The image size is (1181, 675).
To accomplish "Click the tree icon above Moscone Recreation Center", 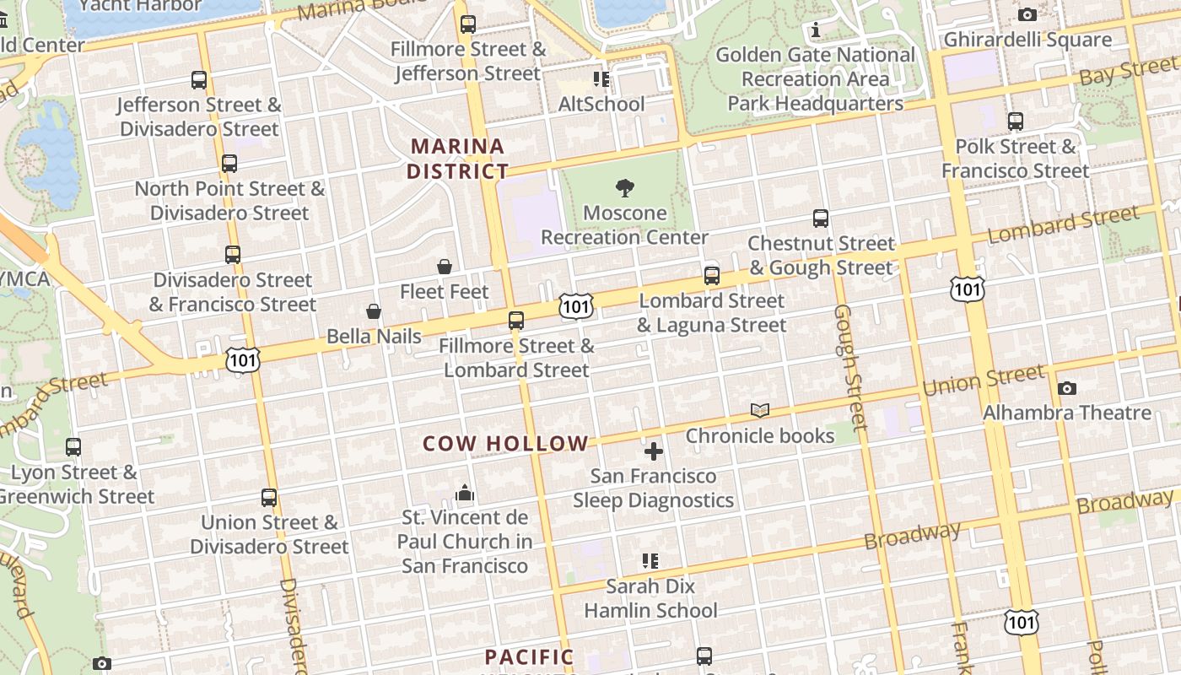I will (x=625, y=187).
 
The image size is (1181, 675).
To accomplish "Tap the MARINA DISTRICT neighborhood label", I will (x=457, y=159).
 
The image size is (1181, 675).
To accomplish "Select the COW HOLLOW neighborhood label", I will (x=505, y=444).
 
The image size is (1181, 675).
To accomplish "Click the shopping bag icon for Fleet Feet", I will (x=445, y=267).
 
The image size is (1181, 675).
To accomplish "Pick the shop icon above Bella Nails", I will (x=374, y=312).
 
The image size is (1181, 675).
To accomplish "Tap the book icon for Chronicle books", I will (x=760, y=411).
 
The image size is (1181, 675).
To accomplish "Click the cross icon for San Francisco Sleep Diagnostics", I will (x=654, y=451).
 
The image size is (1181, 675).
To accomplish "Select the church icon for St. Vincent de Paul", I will (x=465, y=493).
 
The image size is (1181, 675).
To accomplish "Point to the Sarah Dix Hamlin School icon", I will (x=650, y=560).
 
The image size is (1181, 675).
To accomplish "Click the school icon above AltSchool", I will (x=601, y=79).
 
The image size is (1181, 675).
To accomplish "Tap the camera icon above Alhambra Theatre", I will (x=1067, y=388).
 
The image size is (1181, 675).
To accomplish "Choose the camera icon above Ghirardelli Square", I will (x=1027, y=14).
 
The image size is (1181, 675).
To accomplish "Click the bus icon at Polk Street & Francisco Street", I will (x=1016, y=121).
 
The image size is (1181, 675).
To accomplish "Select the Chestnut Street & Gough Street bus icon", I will (x=821, y=219).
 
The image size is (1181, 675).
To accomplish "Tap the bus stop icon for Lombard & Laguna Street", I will (x=712, y=276).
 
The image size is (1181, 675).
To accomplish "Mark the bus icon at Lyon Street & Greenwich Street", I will (x=73, y=447).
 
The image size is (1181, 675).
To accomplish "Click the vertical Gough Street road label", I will (x=849, y=368).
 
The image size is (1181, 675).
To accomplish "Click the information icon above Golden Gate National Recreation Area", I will (x=815, y=30).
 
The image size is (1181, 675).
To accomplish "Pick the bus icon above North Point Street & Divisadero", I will (x=229, y=164).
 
